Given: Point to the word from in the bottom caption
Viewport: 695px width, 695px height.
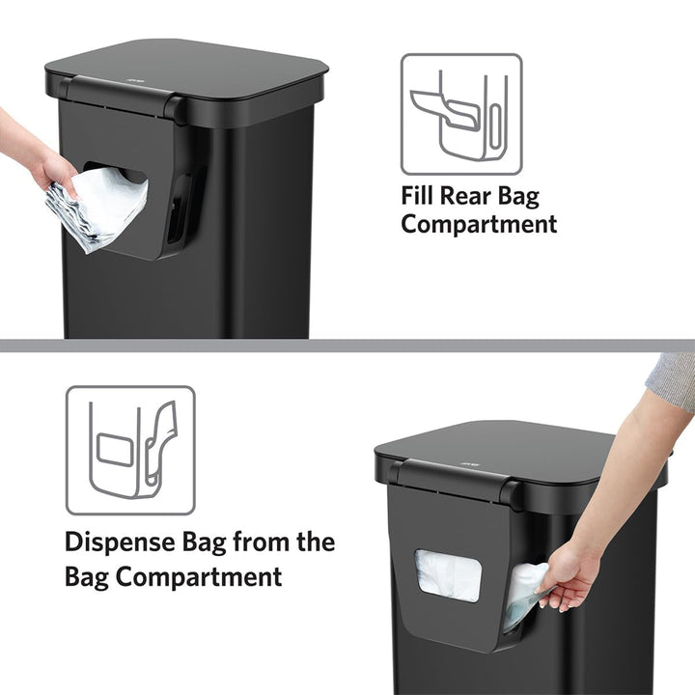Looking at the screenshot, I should click(x=262, y=542).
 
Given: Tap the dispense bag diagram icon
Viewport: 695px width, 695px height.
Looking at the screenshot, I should click(x=130, y=450).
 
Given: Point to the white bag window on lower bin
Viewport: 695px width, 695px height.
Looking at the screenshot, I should click(x=447, y=575).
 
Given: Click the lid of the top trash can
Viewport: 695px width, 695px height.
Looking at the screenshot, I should click(x=193, y=61).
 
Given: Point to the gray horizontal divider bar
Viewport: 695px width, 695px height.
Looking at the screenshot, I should click(x=347, y=345).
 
